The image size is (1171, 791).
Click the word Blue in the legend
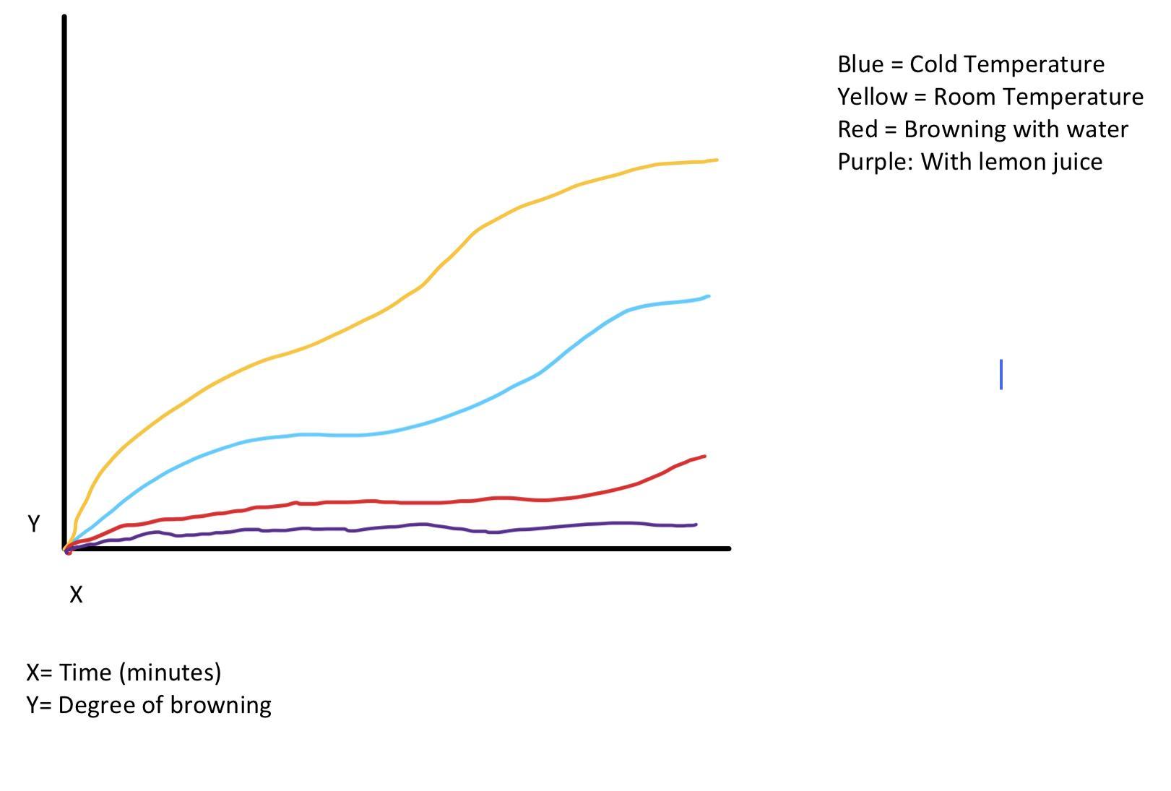pyautogui.click(x=860, y=64)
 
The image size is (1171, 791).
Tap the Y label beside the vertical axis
pyautogui.click(x=33, y=524)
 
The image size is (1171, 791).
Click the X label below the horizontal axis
pyautogui.click(x=76, y=595)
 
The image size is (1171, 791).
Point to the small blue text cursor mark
pyautogui.click(x=1001, y=374)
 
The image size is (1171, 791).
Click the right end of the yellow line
pyautogui.click(x=716, y=160)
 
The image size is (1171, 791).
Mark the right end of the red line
pyautogui.click(x=704, y=456)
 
